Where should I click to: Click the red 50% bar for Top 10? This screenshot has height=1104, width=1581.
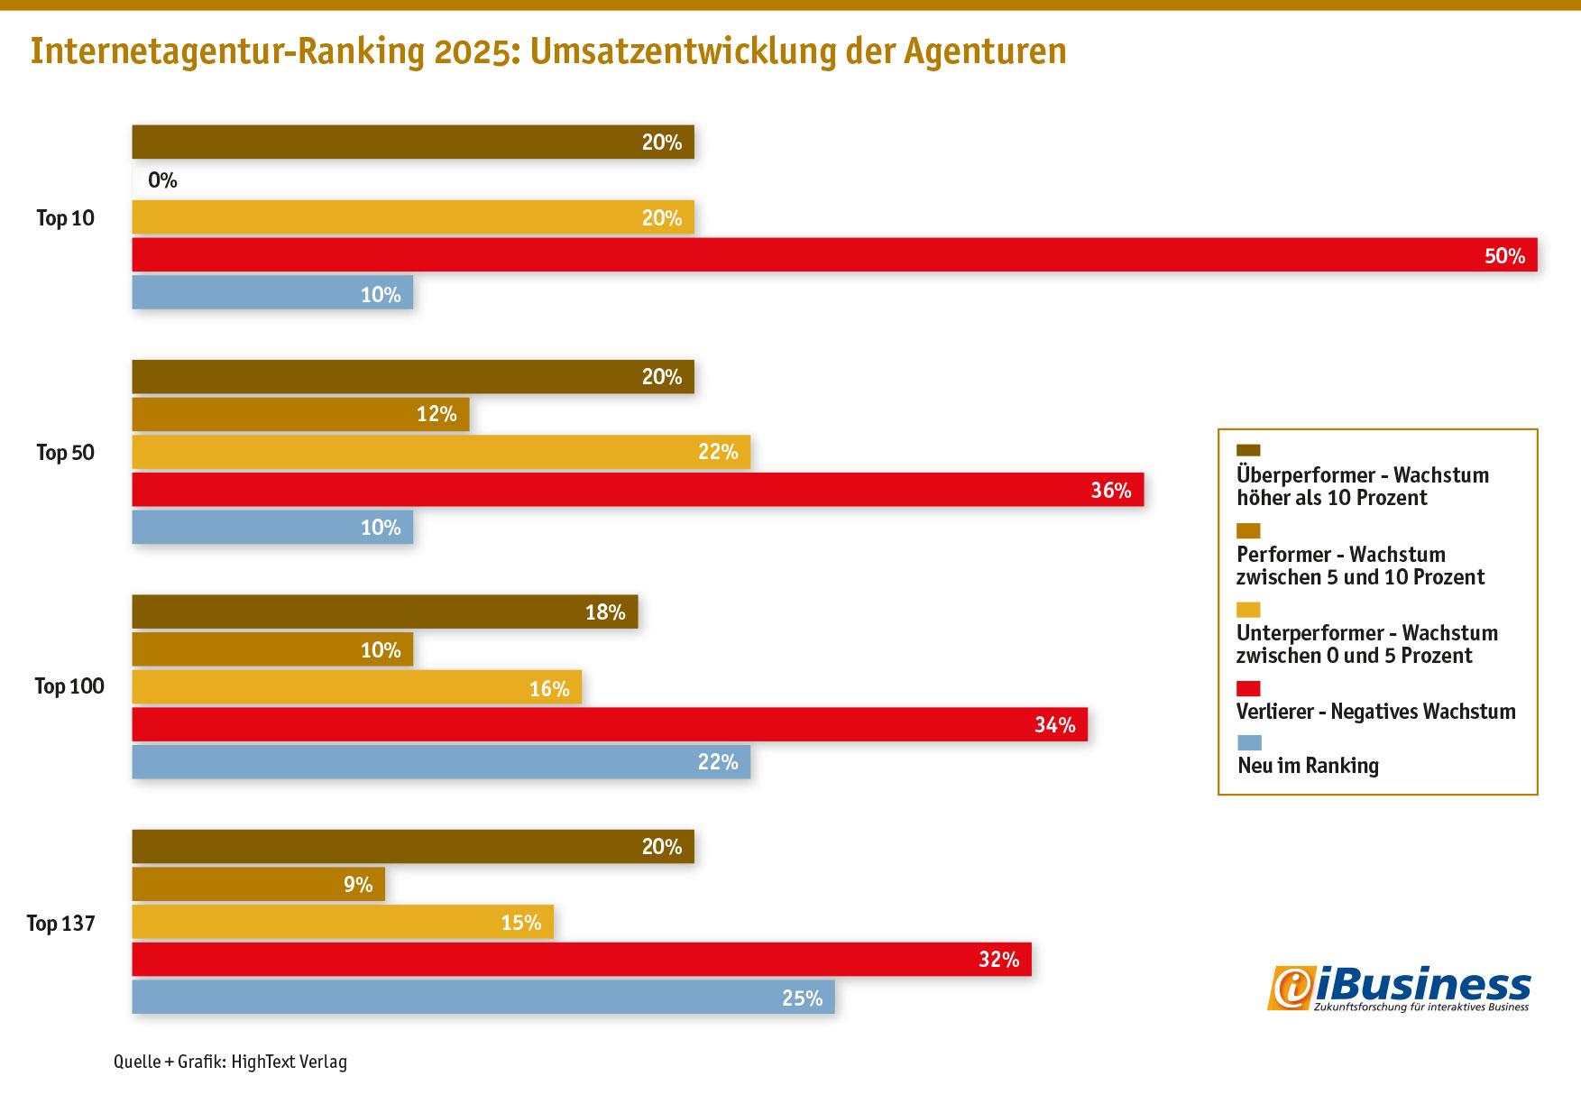pos(834,254)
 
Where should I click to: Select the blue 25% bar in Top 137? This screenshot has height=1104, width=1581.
pos(483,997)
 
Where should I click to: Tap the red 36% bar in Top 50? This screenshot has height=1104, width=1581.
pos(638,490)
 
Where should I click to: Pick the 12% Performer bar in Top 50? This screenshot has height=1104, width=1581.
pos(300,414)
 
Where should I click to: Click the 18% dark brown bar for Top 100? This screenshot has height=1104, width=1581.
pos(385,612)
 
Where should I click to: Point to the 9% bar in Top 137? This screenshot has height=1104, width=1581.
pos(259,884)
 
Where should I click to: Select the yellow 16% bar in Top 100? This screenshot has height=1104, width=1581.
pos(357,687)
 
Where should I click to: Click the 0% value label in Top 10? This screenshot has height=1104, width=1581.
pos(162,180)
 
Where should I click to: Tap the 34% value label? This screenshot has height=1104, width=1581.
pos(1054,724)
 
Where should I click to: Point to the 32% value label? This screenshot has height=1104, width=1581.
pos(998,960)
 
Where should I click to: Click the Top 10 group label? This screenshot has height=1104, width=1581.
pos(65,218)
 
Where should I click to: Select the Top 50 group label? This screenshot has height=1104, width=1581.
pos(65,453)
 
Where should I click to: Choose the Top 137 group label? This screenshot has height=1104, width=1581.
pos(60,923)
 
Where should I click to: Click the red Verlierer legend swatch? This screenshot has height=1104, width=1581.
pos(1248,689)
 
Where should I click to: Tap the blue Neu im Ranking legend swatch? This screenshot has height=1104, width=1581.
pos(1248,743)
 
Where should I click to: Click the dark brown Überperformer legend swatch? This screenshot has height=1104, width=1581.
pos(1248,451)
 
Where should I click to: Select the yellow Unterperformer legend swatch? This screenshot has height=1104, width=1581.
pos(1248,611)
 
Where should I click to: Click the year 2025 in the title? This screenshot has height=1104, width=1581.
pos(476,51)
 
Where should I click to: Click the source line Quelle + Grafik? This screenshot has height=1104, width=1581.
pos(230,1062)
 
